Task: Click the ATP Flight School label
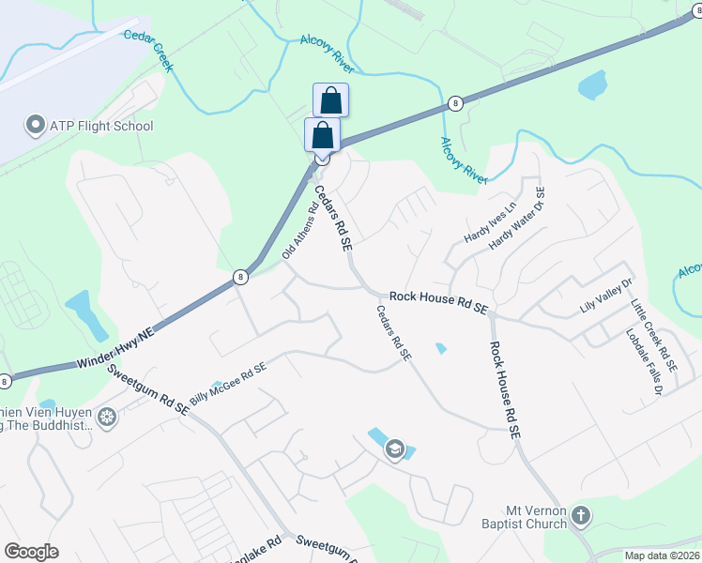pos(101,126)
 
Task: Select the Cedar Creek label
pos(149,47)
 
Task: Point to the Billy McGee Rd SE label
pos(228,384)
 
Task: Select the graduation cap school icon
pos(395,450)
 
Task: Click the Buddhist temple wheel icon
pos(108,416)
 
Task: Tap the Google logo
pos(31,552)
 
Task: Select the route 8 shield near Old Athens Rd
pos(240,277)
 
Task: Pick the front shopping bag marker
pos(322,135)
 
